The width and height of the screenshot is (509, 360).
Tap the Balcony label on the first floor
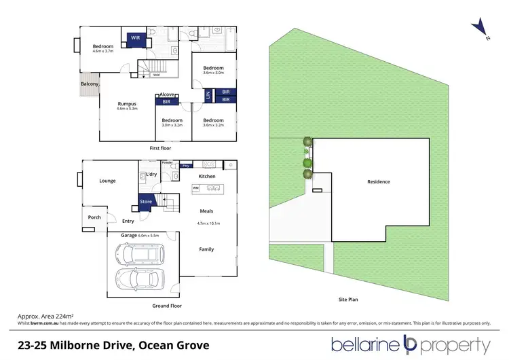point(90,84)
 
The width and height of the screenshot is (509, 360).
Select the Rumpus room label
point(127,105)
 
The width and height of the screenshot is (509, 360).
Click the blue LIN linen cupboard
point(208,96)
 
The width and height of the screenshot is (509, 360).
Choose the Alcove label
point(168,94)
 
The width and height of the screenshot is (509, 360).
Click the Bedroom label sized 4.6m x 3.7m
point(102,48)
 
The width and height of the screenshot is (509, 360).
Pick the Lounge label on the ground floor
point(107,181)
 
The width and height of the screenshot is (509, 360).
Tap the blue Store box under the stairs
point(146,201)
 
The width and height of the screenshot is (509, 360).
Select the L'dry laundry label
point(152,175)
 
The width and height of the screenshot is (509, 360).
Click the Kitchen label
point(206,177)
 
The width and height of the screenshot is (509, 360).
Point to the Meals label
point(206,211)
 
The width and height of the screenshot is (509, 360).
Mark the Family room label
point(206,249)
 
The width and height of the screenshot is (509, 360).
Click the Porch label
point(94,217)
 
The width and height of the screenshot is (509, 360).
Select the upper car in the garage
point(140,255)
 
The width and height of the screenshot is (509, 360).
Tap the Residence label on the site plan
point(379,182)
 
